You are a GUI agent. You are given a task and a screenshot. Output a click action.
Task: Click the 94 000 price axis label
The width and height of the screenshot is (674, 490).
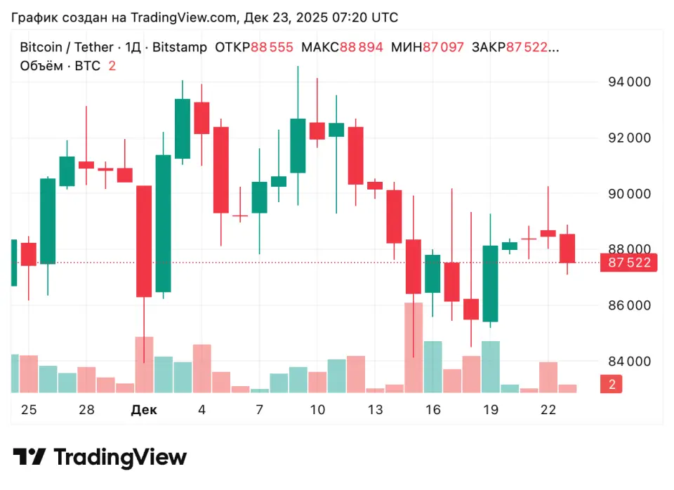[x=628, y=82]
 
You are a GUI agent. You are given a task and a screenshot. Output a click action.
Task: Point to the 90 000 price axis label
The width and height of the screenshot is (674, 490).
[x=628, y=194]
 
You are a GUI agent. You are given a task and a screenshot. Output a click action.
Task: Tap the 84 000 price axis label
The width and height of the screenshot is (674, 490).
[x=628, y=362]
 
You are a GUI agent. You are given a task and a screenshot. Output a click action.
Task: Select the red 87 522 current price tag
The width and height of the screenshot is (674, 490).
[x=628, y=263]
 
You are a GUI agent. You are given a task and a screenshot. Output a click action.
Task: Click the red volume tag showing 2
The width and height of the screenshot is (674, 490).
[x=612, y=384]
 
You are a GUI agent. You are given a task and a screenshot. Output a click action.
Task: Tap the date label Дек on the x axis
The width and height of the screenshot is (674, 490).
[x=144, y=410]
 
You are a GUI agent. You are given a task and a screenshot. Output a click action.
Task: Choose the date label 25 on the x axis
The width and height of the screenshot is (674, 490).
[x=29, y=410]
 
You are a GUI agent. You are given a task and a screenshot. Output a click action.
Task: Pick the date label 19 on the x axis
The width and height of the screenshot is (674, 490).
[x=490, y=410]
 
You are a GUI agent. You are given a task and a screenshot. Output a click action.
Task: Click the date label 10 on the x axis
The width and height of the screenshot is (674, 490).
[x=317, y=410]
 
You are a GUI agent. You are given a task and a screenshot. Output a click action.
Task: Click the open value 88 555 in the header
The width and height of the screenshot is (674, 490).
[x=272, y=47]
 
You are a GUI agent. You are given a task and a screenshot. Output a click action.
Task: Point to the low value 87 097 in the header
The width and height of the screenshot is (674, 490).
[x=443, y=47]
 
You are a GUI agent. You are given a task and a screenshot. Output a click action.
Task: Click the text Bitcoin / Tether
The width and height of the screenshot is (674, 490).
[x=66, y=47]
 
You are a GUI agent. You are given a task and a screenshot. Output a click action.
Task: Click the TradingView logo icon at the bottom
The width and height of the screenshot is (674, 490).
[x=30, y=458]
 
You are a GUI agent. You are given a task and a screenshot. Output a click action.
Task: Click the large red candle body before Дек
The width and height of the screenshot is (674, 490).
[x=144, y=241]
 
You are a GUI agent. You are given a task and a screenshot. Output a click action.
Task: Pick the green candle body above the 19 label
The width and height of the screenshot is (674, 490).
[x=490, y=283]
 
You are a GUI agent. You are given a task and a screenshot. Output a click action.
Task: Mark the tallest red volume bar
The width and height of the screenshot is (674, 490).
[x=414, y=347]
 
